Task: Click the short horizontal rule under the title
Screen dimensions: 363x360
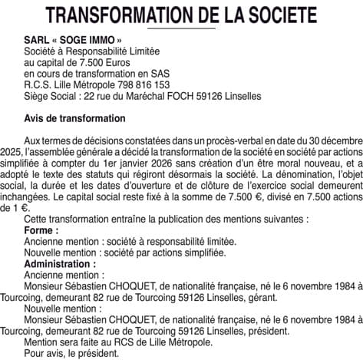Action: [181, 29]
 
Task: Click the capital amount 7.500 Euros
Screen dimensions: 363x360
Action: [91, 62]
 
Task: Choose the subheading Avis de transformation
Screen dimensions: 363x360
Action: [74, 119]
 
